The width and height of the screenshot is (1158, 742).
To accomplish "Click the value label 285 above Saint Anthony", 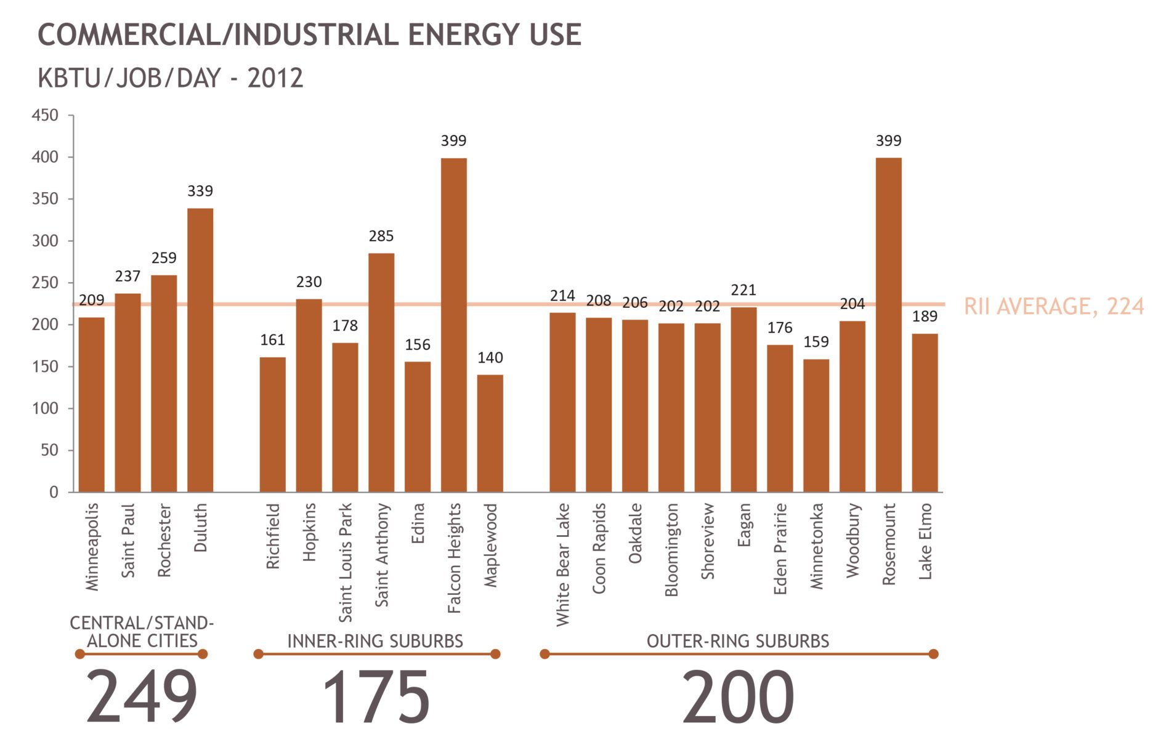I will click(381, 236).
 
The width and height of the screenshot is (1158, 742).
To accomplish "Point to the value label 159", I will click(816, 342).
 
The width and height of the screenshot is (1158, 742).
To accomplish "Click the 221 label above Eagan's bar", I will click(743, 290).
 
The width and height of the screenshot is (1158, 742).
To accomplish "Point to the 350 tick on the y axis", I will click(45, 199).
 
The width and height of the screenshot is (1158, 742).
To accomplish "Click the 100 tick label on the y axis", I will click(45, 408).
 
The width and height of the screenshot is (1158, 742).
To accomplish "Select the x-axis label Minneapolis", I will click(92, 547).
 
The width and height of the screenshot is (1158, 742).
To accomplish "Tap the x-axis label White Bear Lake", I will click(562, 565).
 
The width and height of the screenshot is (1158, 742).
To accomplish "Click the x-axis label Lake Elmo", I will click(925, 541).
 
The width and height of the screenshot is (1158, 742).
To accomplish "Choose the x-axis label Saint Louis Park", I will click(346, 562).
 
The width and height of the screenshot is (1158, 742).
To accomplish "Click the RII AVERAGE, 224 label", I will click(1053, 306).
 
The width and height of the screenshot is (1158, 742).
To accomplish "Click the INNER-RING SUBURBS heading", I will click(375, 641).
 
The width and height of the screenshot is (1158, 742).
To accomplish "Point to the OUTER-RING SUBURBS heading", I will click(737, 641).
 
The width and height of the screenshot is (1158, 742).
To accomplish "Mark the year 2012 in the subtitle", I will click(275, 78).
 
